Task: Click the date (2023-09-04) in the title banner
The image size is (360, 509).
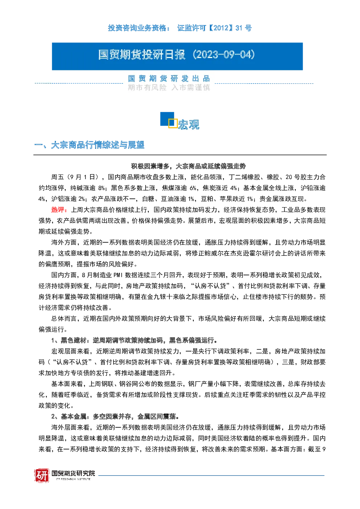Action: pos(224,55)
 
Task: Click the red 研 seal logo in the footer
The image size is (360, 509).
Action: pos(42,475)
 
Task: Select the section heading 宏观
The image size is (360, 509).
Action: pos(188,124)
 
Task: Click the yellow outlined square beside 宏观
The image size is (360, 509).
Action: pos(173,123)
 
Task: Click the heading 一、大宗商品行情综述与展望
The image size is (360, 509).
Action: pos(89,145)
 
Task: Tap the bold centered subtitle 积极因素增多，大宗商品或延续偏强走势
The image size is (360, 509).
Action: pos(188,166)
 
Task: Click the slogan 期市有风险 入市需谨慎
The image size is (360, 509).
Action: pos(169,87)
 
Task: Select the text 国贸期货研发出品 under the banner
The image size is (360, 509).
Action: pos(169,78)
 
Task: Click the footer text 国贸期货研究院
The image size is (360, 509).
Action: pos(73,473)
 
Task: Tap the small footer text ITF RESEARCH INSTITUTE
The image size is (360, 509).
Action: pos(73,479)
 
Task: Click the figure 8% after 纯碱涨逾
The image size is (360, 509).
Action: pos(102,188)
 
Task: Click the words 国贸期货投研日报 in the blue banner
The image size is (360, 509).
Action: pos(142,55)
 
